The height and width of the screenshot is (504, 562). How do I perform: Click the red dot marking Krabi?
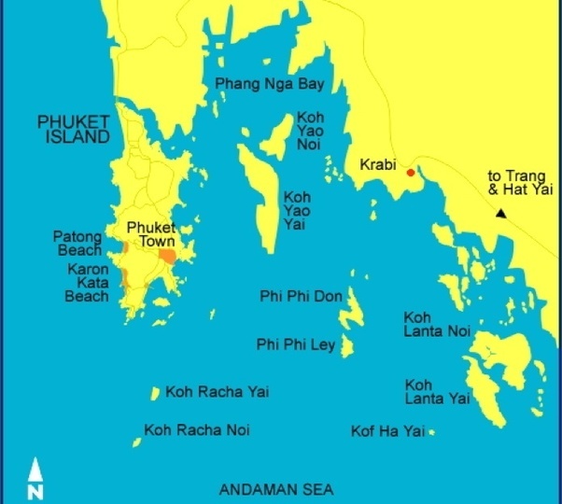click(x=410, y=172)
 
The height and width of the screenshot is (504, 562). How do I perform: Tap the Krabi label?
click(x=378, y=165)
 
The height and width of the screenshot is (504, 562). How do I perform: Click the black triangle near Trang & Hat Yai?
click(x=501, y=214)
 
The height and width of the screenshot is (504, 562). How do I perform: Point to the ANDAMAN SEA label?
click(x=275, y=489)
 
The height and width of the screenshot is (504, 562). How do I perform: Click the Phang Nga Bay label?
click(x=270, y=85)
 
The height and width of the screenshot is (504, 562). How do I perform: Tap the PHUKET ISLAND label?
click(x=73, y=129)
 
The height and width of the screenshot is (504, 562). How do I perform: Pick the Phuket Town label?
click(x=151, y=233)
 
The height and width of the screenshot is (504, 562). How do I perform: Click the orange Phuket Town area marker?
click(x=167, y=255)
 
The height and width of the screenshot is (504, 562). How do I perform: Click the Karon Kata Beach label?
click(x=87, y=283)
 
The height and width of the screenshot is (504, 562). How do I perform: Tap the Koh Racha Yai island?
click(x=155, y=394)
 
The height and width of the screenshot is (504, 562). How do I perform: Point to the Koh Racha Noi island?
click(x=136, y=432)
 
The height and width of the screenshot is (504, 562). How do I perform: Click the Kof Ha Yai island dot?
click(x=431, y=431)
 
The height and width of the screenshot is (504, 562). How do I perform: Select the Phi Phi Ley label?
click(x=295, y=345)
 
